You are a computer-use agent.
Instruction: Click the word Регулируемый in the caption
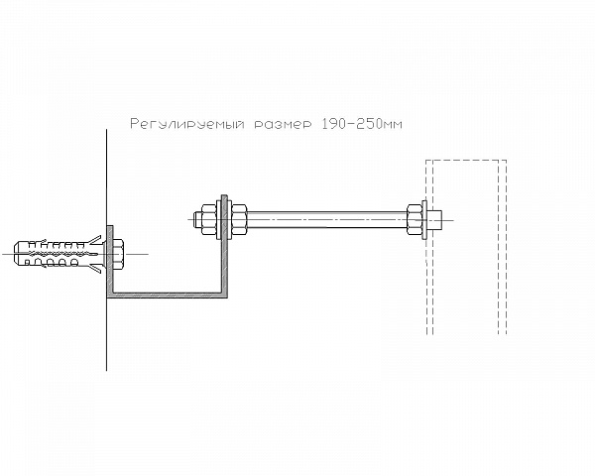[x=187, y=124]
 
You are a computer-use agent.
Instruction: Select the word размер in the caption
[x=284, y=125]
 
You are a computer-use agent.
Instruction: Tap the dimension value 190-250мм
[x=362, y=124]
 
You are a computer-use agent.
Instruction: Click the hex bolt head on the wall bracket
[x=118, y=254]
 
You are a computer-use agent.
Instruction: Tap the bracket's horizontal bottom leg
[x=167, y=295]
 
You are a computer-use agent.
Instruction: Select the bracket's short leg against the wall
[x=110, y=262]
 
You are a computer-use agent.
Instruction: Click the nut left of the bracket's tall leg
[x=208, y=219]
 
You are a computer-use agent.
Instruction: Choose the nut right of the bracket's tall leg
[x=239, y=219]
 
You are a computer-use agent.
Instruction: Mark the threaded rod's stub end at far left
[x=197, y=219]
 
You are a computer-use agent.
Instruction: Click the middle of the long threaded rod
[x=326, y=219]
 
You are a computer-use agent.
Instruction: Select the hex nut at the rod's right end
[x=415, y=219]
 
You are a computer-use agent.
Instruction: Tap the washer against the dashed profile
[x=424, y=219]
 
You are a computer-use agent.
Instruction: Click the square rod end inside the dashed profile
[x=435, y=219]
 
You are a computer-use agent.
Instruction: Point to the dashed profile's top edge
[x=466, y=161]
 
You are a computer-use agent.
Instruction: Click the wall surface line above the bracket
[x=107, y=178]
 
